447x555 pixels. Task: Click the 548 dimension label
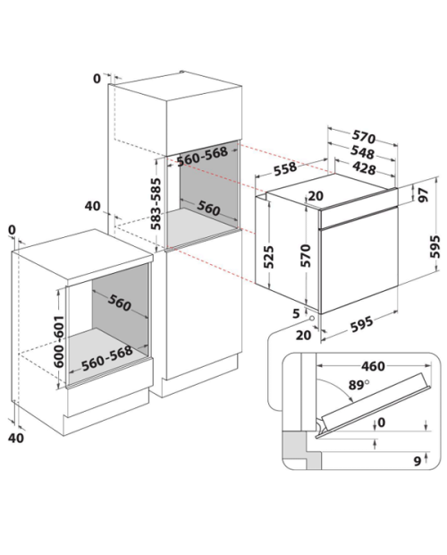[362, 152]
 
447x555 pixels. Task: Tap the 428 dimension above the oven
[364, 167]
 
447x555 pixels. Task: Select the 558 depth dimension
[285, 168]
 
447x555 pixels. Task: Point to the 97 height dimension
[423, 195]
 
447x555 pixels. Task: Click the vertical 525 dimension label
[269, 257]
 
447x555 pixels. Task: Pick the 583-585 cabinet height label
[156, 203]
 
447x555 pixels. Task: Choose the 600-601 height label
[59, 341]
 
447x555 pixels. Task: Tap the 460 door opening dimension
[373, 366]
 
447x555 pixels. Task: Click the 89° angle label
[358, 384]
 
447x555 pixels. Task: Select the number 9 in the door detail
[417, 461]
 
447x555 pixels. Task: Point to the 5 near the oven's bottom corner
[296, 313]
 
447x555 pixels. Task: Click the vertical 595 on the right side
[434, 247]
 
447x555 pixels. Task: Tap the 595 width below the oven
[362, 323]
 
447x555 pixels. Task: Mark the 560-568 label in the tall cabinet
[202, 157]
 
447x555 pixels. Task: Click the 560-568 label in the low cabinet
[107, 358]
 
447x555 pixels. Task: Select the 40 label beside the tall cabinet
[93, 206]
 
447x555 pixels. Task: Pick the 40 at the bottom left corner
[16, 438]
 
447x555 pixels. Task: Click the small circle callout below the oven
[312, 318]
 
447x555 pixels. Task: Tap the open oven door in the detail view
[373, 404]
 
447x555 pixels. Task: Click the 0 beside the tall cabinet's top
[97, 79]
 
